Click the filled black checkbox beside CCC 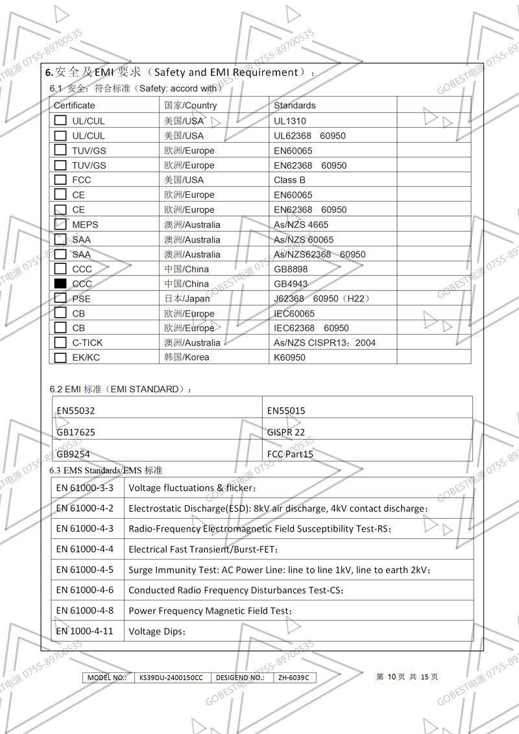(60, 283)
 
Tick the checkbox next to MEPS (60, 224)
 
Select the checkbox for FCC (60, 180)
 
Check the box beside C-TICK (60, 342)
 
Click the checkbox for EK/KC (60, 357)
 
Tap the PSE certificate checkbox (60, 298)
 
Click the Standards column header (295, 105)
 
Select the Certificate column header (74, 105)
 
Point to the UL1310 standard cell (290, 121)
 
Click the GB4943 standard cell (291, 283)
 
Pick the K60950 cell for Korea (289, 357)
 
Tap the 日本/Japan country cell (187, 298)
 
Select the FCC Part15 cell (290, 454)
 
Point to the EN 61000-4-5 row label (84, 569)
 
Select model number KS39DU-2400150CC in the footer (171, 678)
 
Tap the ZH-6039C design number (293, 678)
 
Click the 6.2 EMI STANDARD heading (121, 389)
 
